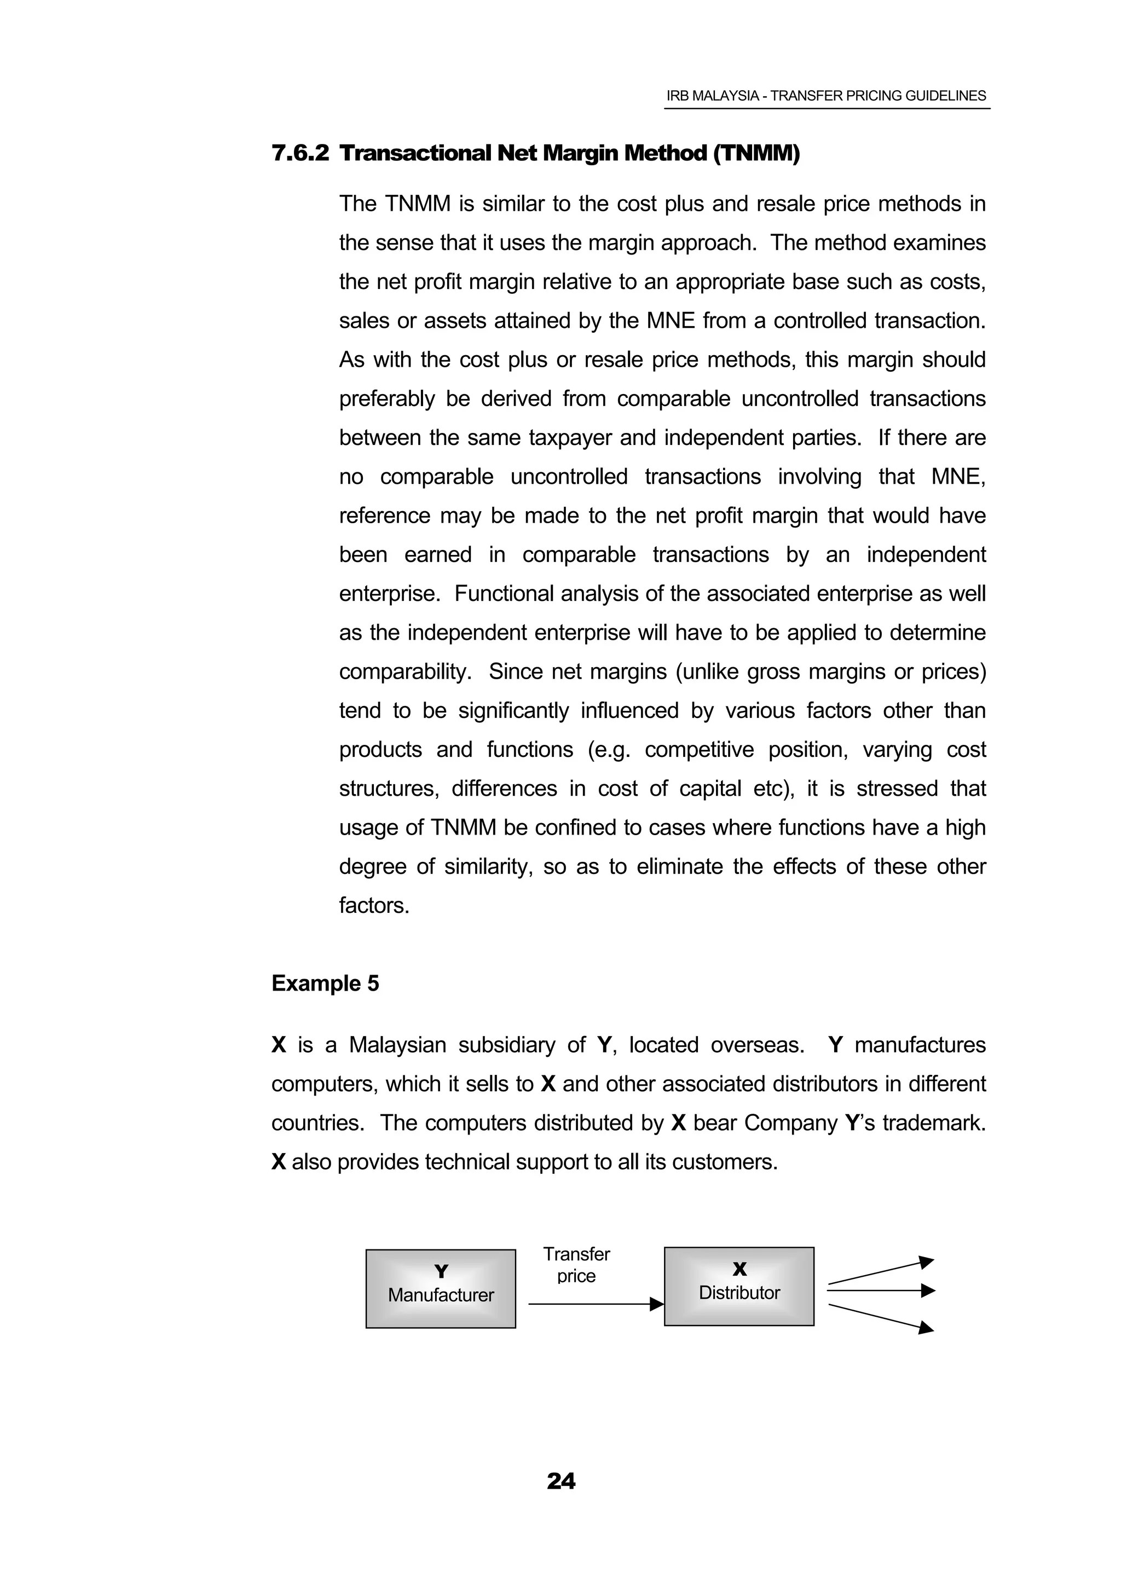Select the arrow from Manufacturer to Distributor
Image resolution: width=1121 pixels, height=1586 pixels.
point(594,1304)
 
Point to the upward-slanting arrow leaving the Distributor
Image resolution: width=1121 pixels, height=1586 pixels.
point(880,1272)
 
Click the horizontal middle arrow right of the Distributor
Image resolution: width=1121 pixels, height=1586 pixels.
point(880,1290)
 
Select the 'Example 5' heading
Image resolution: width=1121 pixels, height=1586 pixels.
point(325,983)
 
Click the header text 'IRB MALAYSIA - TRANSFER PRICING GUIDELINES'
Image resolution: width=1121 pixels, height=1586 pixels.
point(826,96)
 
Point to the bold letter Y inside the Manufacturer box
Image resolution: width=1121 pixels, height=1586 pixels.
point(441,1271)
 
